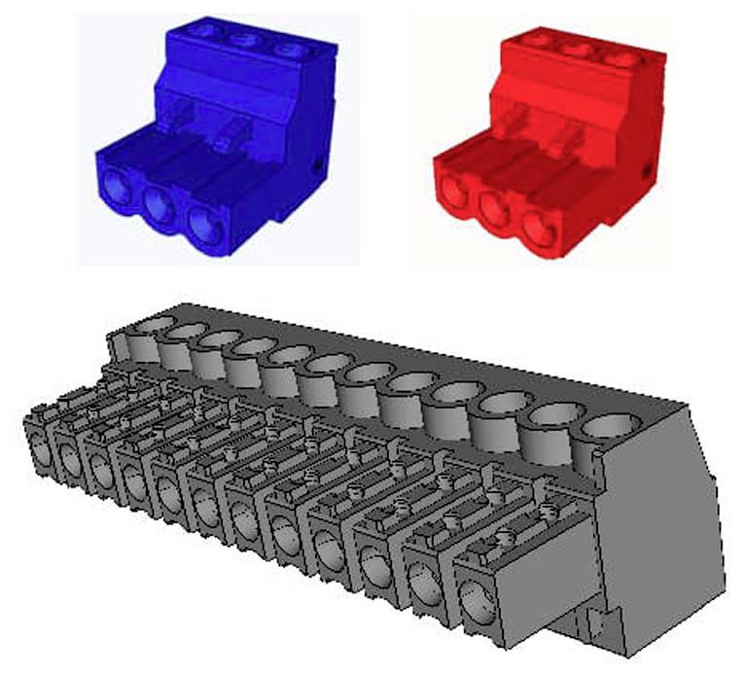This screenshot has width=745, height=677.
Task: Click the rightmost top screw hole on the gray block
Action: [x=611, y=429]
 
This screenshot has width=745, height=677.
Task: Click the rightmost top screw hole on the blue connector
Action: [x=286, y=51]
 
